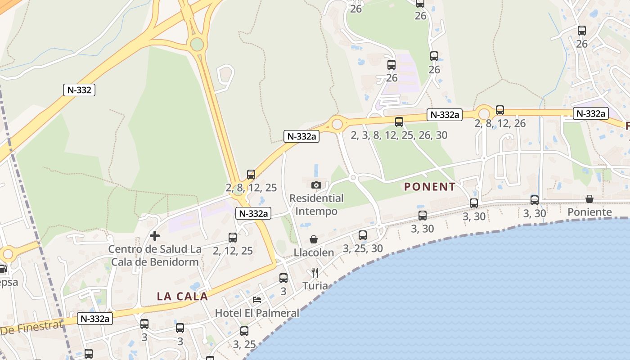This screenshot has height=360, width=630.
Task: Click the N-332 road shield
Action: (79, 90)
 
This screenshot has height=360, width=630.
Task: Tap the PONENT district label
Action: (430, 187)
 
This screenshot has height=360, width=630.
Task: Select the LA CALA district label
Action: (182, 296)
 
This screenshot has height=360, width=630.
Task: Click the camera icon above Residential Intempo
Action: (316, 185)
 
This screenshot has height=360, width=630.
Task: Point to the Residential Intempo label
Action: (316, 205)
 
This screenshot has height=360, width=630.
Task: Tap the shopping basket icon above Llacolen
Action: (314, 239)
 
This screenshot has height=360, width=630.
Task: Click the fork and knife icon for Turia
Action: (315, 272)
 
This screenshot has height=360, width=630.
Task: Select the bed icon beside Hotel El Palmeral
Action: (257, 299)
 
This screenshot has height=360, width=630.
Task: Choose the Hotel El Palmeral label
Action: (257, 313)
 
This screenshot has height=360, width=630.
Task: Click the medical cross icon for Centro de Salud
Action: (155, 236)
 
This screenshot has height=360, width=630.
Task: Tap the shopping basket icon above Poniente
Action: (589, 199)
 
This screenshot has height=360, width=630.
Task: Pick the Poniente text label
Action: (589, 212)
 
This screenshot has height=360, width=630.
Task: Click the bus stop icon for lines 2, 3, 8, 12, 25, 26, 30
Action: (399, 121)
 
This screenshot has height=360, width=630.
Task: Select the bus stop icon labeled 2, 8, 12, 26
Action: (499, 110)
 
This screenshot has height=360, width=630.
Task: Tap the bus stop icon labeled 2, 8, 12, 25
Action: (251, 175)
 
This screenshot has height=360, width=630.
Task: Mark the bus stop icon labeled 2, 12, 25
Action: (233, 238)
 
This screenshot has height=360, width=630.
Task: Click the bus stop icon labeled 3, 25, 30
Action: (363, 235)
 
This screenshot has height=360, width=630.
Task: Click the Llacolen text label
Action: (314, 252)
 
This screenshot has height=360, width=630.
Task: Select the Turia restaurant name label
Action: (315, 286)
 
